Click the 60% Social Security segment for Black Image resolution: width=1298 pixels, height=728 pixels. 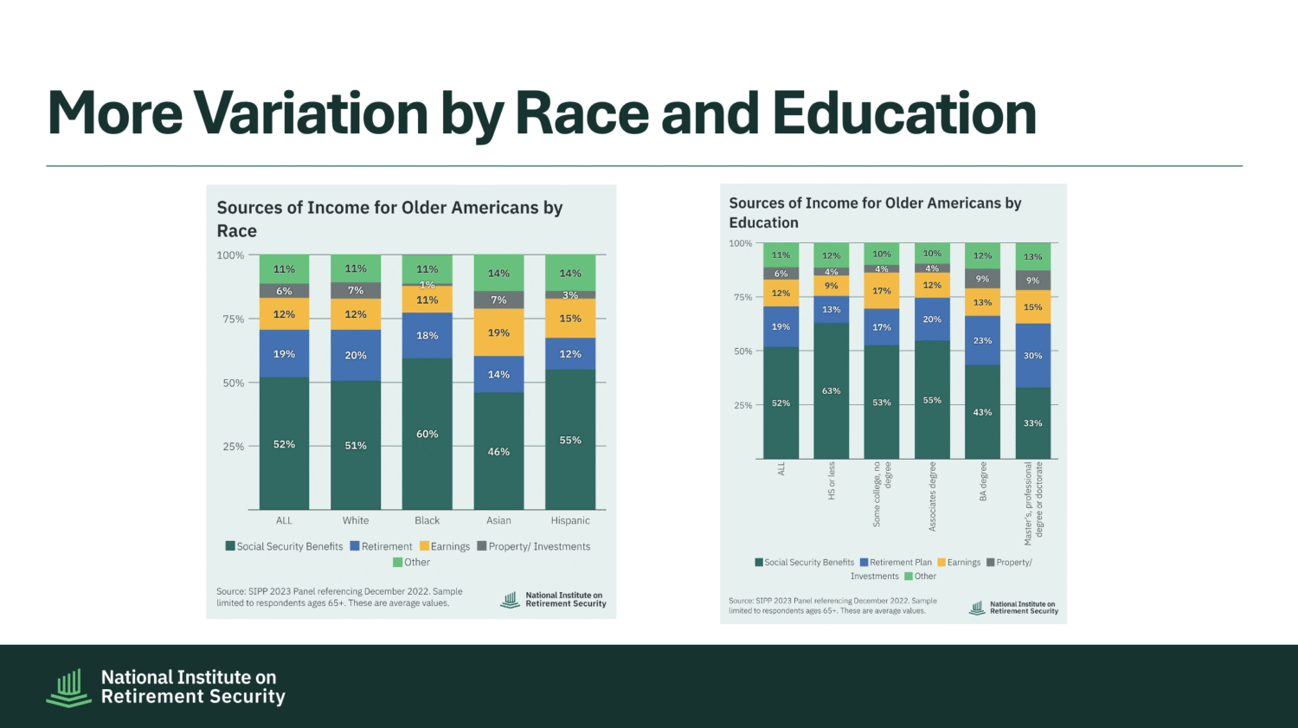pos(427,434)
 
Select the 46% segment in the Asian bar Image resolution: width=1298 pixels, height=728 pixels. pos(498,451)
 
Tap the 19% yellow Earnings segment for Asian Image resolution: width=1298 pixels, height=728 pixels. pos(498,332)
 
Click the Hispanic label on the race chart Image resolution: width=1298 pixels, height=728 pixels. pos(570,520)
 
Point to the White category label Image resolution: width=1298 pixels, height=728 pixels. pos(356,520)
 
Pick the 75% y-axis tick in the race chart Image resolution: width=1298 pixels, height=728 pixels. pos(234,319)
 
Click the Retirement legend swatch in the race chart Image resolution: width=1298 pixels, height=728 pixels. pos(355,546)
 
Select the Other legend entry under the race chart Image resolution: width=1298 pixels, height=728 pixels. pos(411,562)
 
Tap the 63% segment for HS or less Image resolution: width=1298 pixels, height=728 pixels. pos(832,391)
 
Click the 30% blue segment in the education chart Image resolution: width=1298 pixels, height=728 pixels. pos(1033,356)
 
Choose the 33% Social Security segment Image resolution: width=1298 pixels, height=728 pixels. pos(1033,423)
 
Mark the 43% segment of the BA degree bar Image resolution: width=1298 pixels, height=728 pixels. pos(983,412)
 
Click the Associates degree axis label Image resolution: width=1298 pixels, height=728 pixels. pos(933,496)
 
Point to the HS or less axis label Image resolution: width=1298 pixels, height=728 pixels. pos(832,480)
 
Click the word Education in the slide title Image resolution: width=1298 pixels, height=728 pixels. pos(904,114)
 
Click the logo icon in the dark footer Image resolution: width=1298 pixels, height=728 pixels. pos(68,687)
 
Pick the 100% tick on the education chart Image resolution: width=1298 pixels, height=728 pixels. pos(741,243)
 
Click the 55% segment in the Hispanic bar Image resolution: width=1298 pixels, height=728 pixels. pos(570,440)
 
